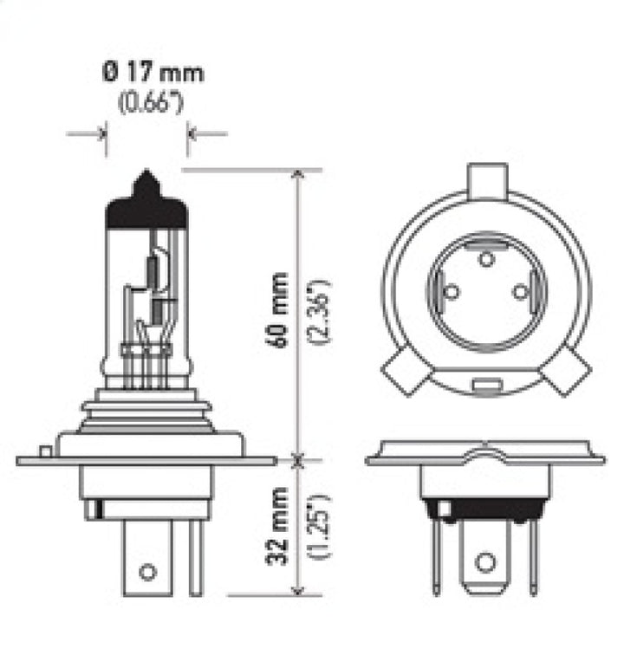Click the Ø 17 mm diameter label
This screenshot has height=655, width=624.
152,72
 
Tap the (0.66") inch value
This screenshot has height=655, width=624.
153,104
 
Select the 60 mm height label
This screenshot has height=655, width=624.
278,309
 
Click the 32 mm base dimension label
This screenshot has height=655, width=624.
278,528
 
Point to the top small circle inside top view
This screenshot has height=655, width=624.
486,257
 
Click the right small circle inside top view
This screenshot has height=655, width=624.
520,292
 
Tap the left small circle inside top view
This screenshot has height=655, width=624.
451,292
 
